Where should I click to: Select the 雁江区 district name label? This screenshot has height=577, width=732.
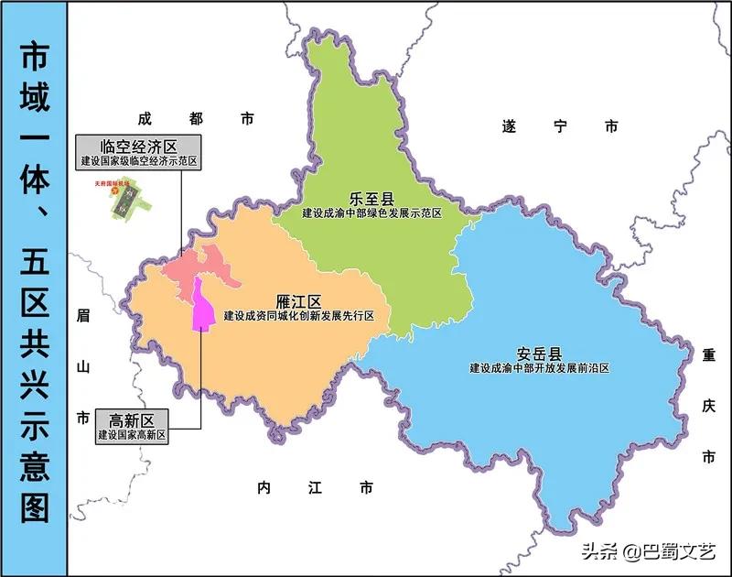click(298, 301)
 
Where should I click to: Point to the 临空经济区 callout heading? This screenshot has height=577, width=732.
click(138, 146)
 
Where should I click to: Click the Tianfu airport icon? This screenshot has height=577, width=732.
click(124, 200)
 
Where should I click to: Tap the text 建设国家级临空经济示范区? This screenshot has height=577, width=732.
click(138, 161)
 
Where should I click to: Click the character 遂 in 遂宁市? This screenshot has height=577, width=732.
click(510, 126)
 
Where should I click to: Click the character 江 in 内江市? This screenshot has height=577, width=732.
click(315, 488)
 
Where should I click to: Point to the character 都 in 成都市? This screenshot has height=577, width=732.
click(194, 118)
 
